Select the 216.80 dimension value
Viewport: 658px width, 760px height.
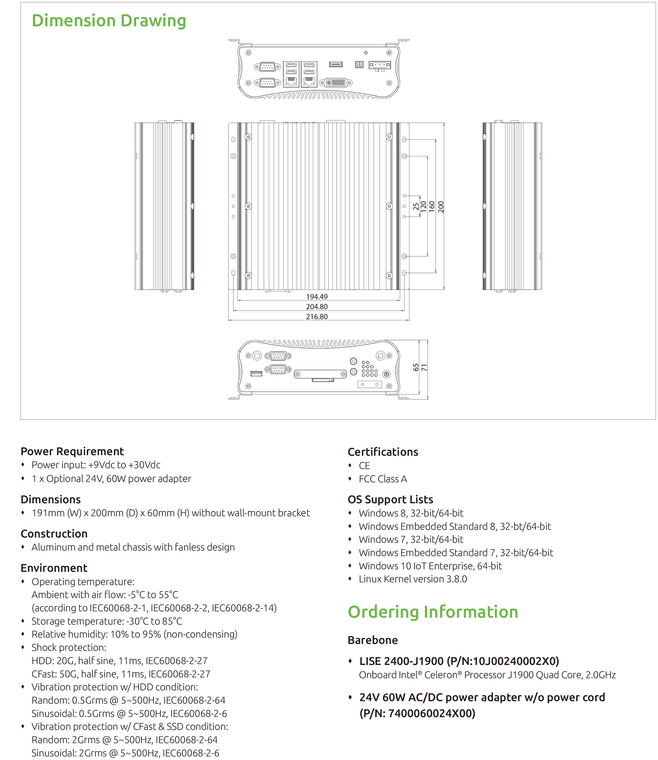pos(317,317)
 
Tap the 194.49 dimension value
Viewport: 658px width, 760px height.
pos(317,297)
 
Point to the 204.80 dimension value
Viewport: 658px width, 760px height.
pos(317,307)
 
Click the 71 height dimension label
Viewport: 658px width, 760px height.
pos(424,367)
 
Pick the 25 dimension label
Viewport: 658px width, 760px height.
pos(416,207)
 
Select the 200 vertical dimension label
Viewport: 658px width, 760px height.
pos(441,207)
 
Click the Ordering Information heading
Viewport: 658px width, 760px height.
pos(433,612)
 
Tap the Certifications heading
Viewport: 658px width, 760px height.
pos(383,452)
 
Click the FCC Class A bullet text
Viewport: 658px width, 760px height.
pos(383,479)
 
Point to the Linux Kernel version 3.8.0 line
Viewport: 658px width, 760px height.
pos(413,579)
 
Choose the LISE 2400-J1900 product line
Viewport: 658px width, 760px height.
pos(459,661)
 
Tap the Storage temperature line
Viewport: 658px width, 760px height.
pos(106,621)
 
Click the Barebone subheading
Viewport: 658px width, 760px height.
pos(373,640)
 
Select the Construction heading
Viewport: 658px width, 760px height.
pos(54,534)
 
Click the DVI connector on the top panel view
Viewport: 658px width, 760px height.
pos(336,83)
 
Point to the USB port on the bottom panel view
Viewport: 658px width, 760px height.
pos(256,374)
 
